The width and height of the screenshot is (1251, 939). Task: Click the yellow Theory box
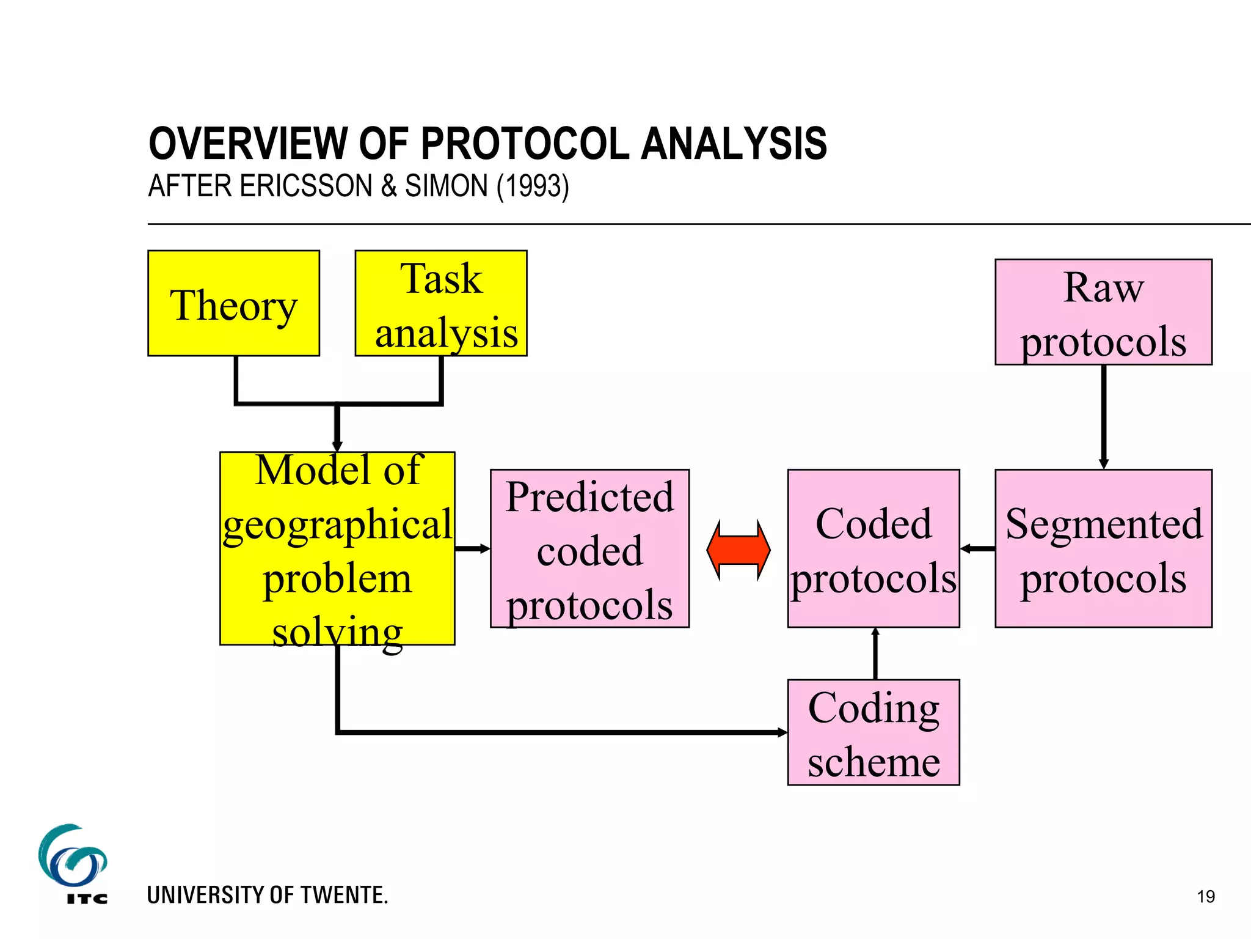233,303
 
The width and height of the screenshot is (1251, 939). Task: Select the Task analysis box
440,303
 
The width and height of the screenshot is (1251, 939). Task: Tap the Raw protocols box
1103,312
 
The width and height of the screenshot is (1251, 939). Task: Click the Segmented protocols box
1103,548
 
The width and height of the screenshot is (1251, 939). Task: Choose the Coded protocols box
873,548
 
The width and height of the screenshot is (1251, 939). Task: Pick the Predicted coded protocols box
589,548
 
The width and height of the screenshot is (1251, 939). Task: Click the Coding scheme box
873,732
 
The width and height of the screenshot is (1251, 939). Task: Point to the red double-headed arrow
738,549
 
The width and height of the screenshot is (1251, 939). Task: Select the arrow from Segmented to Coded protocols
977,548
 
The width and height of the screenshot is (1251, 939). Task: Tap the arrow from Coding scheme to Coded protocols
875,653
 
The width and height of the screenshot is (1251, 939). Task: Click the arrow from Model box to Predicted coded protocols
472,548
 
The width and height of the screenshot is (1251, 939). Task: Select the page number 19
1206,897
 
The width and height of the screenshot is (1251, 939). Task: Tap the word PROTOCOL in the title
525,144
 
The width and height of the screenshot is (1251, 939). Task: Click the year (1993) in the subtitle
533,186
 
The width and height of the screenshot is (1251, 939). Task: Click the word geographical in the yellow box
337,525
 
